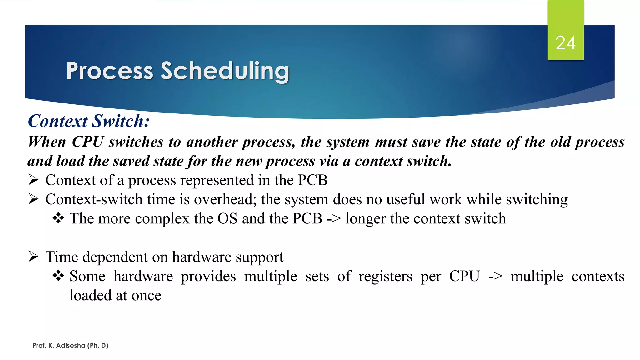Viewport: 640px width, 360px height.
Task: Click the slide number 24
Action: [565, 43]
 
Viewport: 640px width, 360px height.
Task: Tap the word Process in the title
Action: [110, 71]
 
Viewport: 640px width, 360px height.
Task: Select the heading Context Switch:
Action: [89, 121]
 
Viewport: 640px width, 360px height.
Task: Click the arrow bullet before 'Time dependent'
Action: [33, 257]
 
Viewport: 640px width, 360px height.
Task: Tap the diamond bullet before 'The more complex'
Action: [58, 218]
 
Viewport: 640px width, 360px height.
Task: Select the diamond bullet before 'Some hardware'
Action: [58, 276]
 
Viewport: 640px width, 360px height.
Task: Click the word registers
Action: [385, 277]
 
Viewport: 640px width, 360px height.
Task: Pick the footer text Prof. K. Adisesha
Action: [70, 345]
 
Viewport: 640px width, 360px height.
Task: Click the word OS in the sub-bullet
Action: [227, 218]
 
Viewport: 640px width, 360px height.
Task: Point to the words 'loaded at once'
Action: [115, 296]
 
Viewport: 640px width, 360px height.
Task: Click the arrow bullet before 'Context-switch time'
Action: [33, 199]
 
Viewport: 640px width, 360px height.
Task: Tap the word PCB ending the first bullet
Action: [312, 180]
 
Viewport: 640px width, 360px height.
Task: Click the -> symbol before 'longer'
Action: [334, 219]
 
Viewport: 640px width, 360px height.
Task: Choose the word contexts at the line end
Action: [598, 277]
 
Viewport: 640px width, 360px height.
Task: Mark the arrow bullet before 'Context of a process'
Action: [33, 180]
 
